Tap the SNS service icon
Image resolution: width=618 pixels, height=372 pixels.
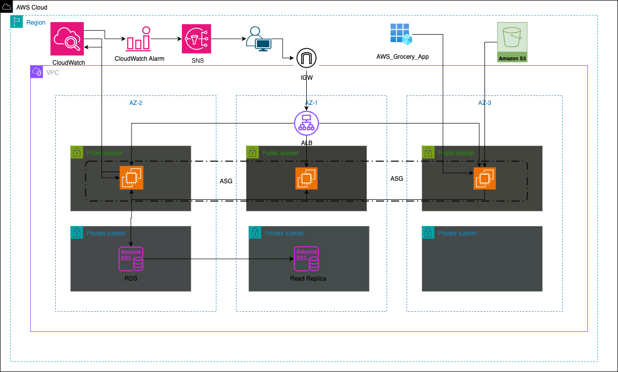tap(197, 39)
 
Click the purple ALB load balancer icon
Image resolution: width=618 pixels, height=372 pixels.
tap(306, 122)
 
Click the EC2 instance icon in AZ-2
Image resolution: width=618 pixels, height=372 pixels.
tap(132, 178)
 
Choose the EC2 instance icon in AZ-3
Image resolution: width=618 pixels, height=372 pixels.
tap(484, 178)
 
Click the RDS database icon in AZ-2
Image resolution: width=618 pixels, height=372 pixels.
tap(131, 259)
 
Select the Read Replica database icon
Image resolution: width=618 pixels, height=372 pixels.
tap(307, 259)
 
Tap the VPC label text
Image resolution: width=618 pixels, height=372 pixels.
tap(53, 72)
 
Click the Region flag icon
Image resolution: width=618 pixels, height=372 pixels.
tap(17, 22)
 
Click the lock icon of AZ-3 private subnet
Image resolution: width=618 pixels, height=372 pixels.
tap(428, 232)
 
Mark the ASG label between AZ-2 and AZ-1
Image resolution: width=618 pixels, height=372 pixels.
tap(226, 181)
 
